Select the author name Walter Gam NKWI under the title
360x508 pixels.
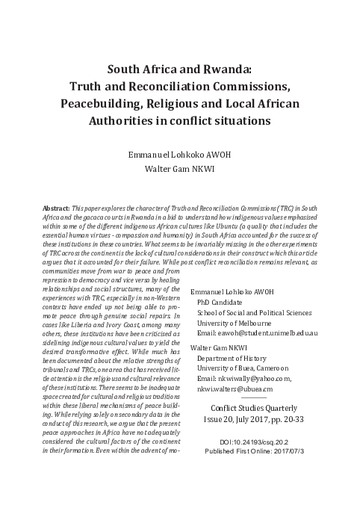(180, 169)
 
